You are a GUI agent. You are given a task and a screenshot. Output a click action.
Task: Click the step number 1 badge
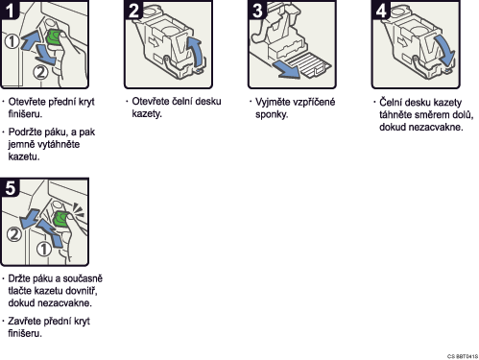9,10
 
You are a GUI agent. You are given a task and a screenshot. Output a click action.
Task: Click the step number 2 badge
132,10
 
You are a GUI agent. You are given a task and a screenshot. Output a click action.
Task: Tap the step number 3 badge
256,10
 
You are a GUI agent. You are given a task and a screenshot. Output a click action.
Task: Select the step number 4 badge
380,10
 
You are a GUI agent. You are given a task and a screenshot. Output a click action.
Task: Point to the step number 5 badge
10,187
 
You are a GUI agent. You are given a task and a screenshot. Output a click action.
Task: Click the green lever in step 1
54,37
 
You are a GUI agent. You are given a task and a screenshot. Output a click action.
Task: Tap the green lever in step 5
60,219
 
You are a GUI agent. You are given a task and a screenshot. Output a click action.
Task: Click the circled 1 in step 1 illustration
12,41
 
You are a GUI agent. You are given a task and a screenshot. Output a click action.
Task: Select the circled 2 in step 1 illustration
40,72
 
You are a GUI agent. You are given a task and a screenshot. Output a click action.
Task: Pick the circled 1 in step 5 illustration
43,249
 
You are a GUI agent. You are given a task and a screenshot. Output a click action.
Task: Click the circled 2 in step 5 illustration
13,234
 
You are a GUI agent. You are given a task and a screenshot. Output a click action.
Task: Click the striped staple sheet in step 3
308,65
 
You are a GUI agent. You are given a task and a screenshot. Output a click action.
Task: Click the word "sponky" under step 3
272,114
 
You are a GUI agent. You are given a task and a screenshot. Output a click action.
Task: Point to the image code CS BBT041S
463,356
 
